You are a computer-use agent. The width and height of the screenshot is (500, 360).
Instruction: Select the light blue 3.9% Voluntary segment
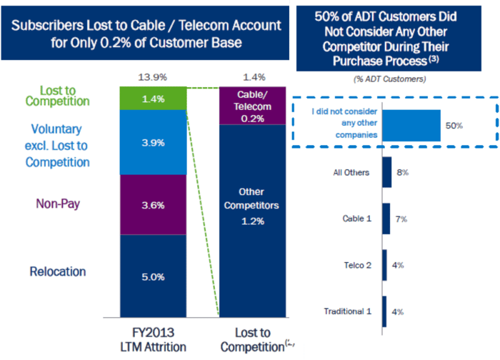click(153, 143)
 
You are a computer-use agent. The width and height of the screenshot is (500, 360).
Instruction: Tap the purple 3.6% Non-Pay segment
click(153, 205)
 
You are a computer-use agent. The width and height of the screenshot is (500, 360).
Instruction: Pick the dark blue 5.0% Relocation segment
click(153, 276)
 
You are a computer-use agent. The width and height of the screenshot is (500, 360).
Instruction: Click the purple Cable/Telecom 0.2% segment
click(254, 106)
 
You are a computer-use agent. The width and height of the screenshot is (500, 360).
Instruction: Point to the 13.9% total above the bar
click(153, 76)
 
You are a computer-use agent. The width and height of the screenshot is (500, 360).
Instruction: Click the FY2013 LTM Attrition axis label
click(153, 339)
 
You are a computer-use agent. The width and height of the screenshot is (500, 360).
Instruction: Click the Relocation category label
click(58, 271)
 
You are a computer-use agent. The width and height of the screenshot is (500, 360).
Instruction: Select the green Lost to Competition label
click(57, 95)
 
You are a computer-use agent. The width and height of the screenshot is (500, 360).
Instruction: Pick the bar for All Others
click(386, 172)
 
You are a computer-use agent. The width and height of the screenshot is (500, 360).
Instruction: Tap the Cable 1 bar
click(386, 219)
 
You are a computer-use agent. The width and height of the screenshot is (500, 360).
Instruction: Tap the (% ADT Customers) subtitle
click(391, 79)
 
